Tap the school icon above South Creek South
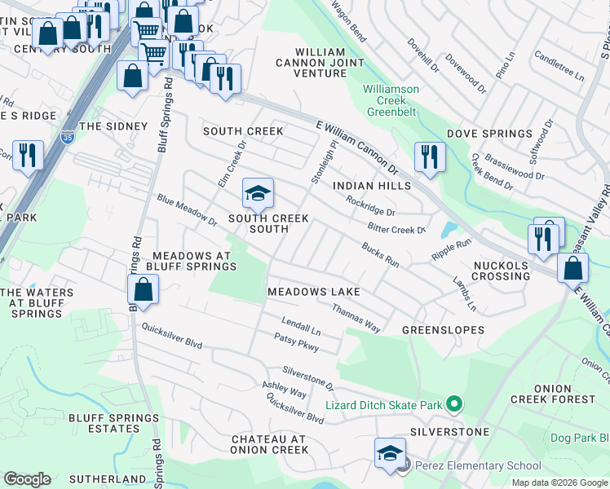258,194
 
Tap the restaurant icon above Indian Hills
429,157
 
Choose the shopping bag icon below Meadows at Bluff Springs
143,290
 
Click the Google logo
27,479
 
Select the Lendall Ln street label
301,327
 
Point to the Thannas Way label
356,318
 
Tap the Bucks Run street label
380,255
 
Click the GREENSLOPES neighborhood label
443,330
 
